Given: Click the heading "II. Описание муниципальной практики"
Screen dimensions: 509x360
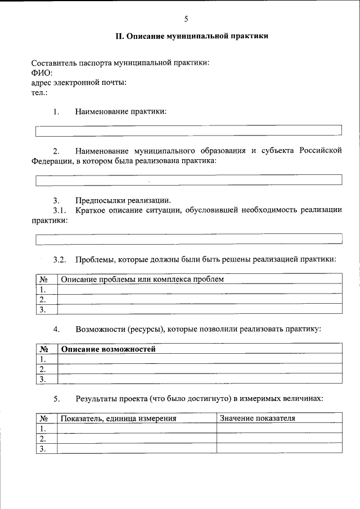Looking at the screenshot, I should click(x=192, y=37).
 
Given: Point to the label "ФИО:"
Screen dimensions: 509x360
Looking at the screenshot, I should click(x=42, y=73).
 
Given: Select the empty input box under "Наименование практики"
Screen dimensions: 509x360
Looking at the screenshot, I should click(x=188, y=131).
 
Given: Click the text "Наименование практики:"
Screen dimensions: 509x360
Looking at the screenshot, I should click(x=121, y=111).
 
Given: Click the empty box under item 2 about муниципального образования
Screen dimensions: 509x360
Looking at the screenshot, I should click(x=188, y=180).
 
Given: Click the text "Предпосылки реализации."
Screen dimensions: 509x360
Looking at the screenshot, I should click(x=123, y=201).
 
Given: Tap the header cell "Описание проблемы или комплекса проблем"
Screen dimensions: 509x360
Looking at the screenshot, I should click(x=142, y=279).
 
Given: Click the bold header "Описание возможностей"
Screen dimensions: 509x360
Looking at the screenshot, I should click(x=108, y=349).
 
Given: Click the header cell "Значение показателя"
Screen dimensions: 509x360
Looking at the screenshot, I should click(x=258, y=418).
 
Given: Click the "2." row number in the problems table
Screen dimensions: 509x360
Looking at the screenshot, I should click(x=43, y=299).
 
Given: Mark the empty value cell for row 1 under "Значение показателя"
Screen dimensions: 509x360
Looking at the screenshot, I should click(x=279, y=429).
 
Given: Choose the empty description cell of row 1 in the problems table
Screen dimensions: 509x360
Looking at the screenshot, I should click(x=200, y=289).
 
